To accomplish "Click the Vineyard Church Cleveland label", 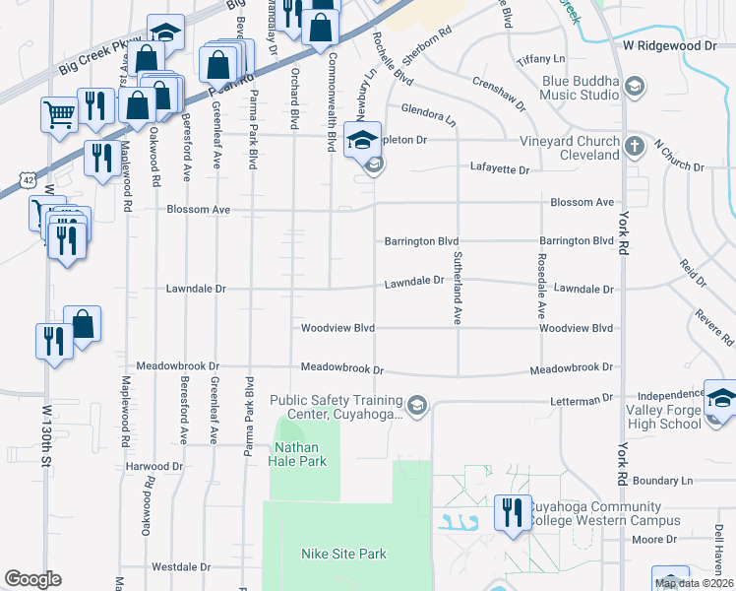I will [x=570, y=148].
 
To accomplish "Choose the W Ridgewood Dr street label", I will [x=670, y=45].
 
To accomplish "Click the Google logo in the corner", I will [x=32, y=579].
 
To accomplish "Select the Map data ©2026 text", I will [x=694, y=583].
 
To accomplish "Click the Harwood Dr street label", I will [x=154, y=466].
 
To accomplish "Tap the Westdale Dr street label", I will [x=181, y=567].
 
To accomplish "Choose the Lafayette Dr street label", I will [x=500, y=169].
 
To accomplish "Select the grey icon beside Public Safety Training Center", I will [x=417, y=405].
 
